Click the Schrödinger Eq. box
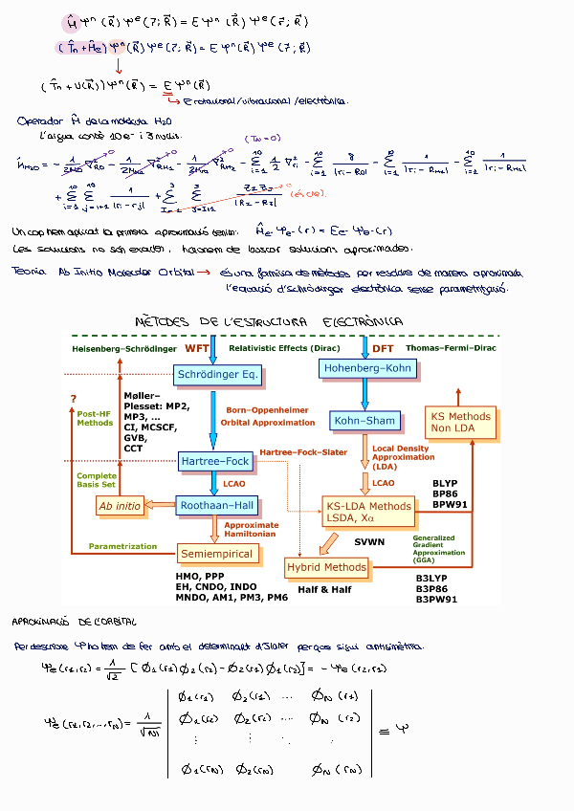[x=217, y=375]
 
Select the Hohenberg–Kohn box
[x=366, y=367]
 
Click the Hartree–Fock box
[x=215, y=462]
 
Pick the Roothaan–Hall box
[x=218, y=505]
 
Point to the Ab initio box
[x=120, y=505]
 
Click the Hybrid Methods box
[x=326, y=567]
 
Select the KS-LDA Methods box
[x=369, y=512]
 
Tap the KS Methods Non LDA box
[x=460, y=423]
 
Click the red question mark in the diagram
[x=73, y=398]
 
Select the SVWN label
[x=369, y=542]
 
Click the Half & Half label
[x=324, y=589]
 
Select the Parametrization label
[x=122, y=546]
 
